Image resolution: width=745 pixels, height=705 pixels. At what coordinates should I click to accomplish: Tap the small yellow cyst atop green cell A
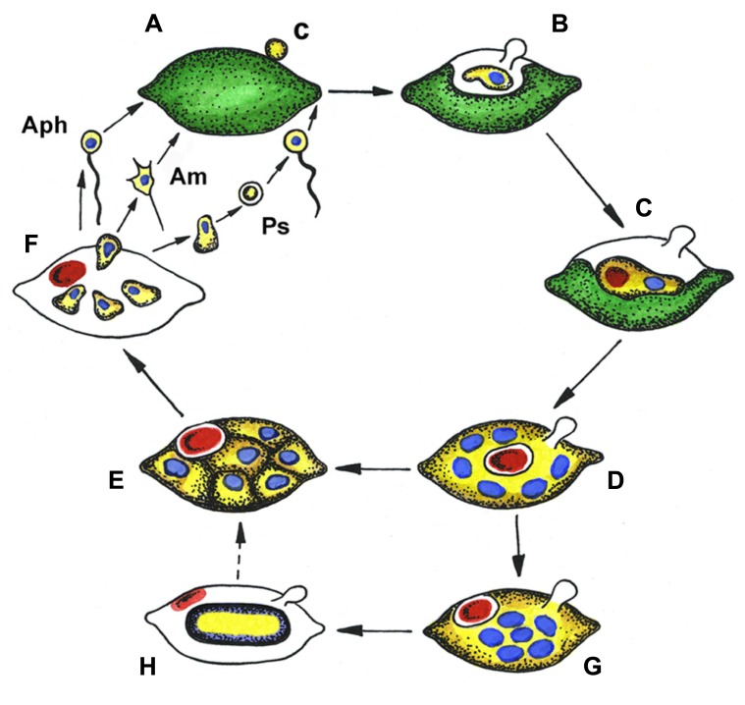pyautogui.click(x=278, y=46)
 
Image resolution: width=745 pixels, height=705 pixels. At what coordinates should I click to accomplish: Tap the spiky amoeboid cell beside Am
pyautogui.click(x=144, y=184)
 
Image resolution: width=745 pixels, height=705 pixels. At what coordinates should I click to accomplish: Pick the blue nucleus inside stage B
pyautogui.click(x=499, y=76)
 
